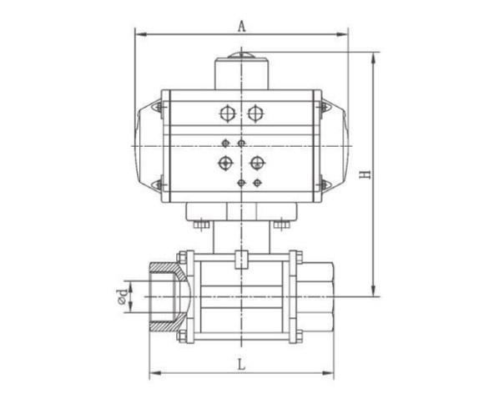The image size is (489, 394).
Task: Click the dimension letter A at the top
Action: point(242,27)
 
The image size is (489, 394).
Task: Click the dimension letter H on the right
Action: point(365,174)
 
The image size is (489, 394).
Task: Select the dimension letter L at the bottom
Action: point(242,364)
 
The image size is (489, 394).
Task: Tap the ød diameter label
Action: point(123,296)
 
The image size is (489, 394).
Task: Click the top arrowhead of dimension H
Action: point(373,58)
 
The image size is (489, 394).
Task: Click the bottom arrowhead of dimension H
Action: point(373,290)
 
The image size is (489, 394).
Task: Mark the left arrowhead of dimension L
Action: point(155,373)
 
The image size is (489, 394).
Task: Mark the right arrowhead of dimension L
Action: point(328,373)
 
